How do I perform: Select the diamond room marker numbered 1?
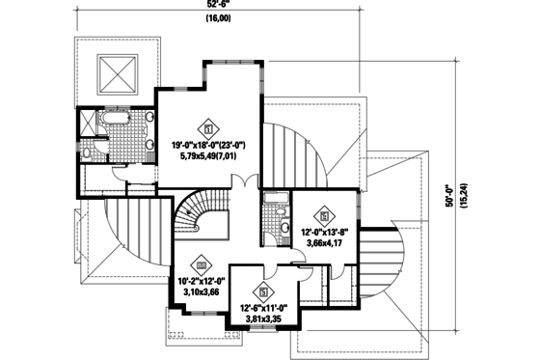coord(207,125)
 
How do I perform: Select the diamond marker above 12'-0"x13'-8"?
coord(326,215)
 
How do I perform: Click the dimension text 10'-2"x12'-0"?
coord(202,282)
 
